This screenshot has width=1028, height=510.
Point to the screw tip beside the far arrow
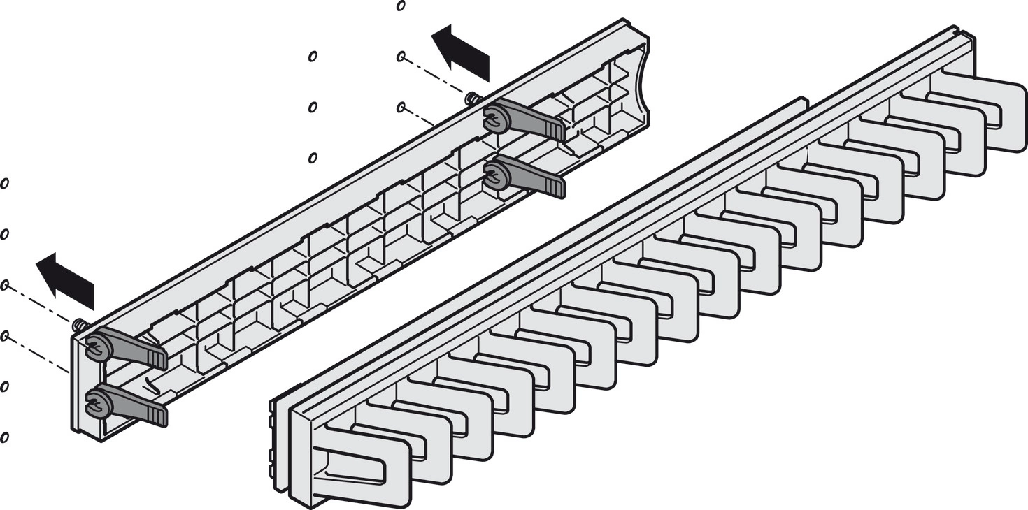click(x=472, y=98)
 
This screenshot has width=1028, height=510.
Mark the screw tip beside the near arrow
click(x=78, y=323)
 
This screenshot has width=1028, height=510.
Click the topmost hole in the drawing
click(x=401, y=6)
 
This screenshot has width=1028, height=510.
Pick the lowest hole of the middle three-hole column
click(x=313, y=158)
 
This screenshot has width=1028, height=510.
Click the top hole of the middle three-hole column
click(x=313, y=57)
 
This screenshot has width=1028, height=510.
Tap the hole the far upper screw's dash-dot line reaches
click(x=401, y=57)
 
